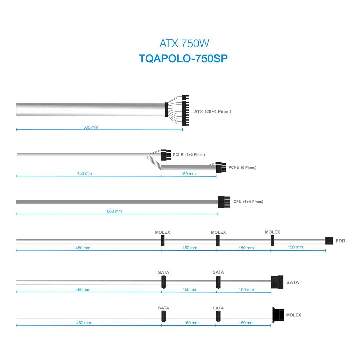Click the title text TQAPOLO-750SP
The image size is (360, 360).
(x=183, y=59)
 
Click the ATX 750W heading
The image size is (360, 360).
(x=184, y=43)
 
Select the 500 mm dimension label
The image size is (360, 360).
(x=91, y=127)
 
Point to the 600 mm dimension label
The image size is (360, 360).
(x=114, y=211)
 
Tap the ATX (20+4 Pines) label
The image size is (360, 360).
(x=213, y=112)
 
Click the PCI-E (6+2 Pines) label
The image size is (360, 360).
(x=189, y=155)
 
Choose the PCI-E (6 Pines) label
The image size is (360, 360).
(x=242, y=167)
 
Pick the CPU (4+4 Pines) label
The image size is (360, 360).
(x=248, y=202)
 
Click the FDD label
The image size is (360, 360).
(x=340, y=241)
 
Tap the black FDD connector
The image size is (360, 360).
(x=329, y=241)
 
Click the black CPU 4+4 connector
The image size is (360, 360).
(x=224, y=202)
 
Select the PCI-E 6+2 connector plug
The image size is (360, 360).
(x=166, y=155)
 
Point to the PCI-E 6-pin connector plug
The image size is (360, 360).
(x=221, y=168)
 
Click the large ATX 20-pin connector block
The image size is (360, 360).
(x=185, y=114)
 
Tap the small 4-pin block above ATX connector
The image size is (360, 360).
(x=185, y=97)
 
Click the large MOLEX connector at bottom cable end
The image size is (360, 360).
(x=278, y=315)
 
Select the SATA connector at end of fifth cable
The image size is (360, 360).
(x=277, y=282)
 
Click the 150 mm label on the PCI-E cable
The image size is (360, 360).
(x=188, y=174)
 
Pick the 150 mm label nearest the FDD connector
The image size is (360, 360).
(x=295, y=247)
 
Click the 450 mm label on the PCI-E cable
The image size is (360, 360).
(x=84, y=173)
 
